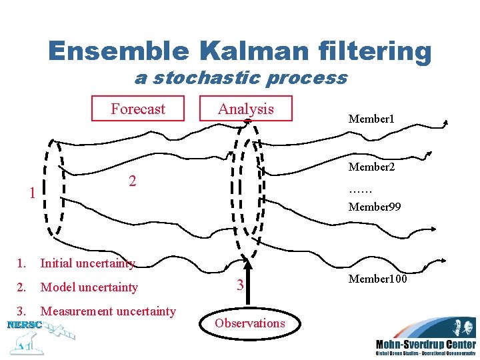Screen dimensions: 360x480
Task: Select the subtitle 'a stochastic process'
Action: tap(241, 78)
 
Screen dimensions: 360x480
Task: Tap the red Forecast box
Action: tap(138, 109)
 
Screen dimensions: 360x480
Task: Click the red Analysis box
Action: tap(246, 109)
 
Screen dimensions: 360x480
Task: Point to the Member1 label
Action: tap(371, 119)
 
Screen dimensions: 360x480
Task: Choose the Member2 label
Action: tap(371, 167)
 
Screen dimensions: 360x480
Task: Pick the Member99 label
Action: tap(375, 207)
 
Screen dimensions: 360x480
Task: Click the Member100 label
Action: tap(377, 278)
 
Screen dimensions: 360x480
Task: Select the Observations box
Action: tap(250, 323)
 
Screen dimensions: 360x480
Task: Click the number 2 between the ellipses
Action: tap(133, 181)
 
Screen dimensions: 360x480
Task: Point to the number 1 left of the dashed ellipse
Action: tap(32, 193)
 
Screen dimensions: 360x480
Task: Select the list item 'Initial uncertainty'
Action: tap(87, 263)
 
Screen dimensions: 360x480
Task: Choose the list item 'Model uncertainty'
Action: tap(89, 287)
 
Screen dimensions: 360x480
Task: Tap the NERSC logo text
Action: tap(24, 325)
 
